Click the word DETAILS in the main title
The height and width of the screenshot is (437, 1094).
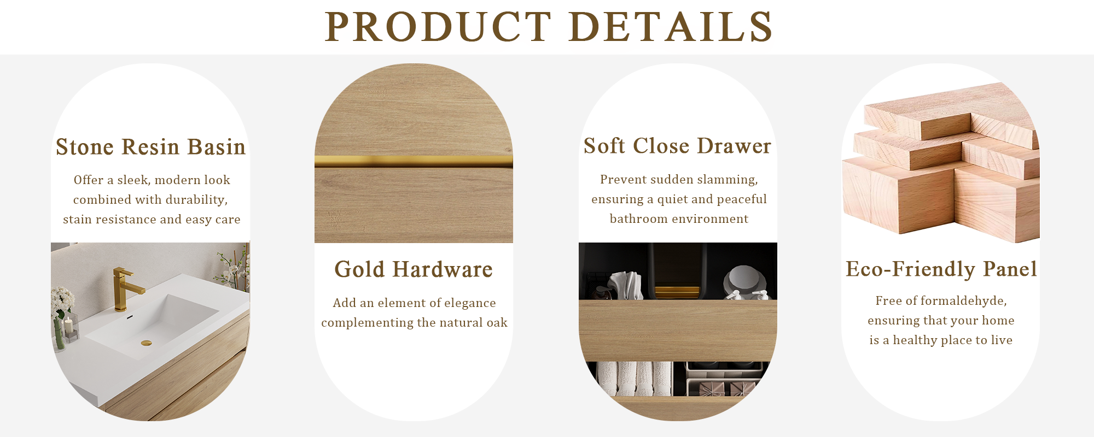671,27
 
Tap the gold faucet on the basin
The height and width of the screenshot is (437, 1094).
123,287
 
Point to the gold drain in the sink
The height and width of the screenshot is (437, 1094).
146,343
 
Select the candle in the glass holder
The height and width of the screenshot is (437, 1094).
69,327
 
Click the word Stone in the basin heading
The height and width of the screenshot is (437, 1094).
85,147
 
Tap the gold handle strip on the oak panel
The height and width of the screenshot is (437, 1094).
414,161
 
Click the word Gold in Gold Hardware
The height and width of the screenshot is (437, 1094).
359,269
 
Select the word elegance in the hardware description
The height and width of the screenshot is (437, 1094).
470,303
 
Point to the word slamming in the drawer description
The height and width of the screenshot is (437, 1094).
729,180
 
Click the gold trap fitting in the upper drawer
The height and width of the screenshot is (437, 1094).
677,291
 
